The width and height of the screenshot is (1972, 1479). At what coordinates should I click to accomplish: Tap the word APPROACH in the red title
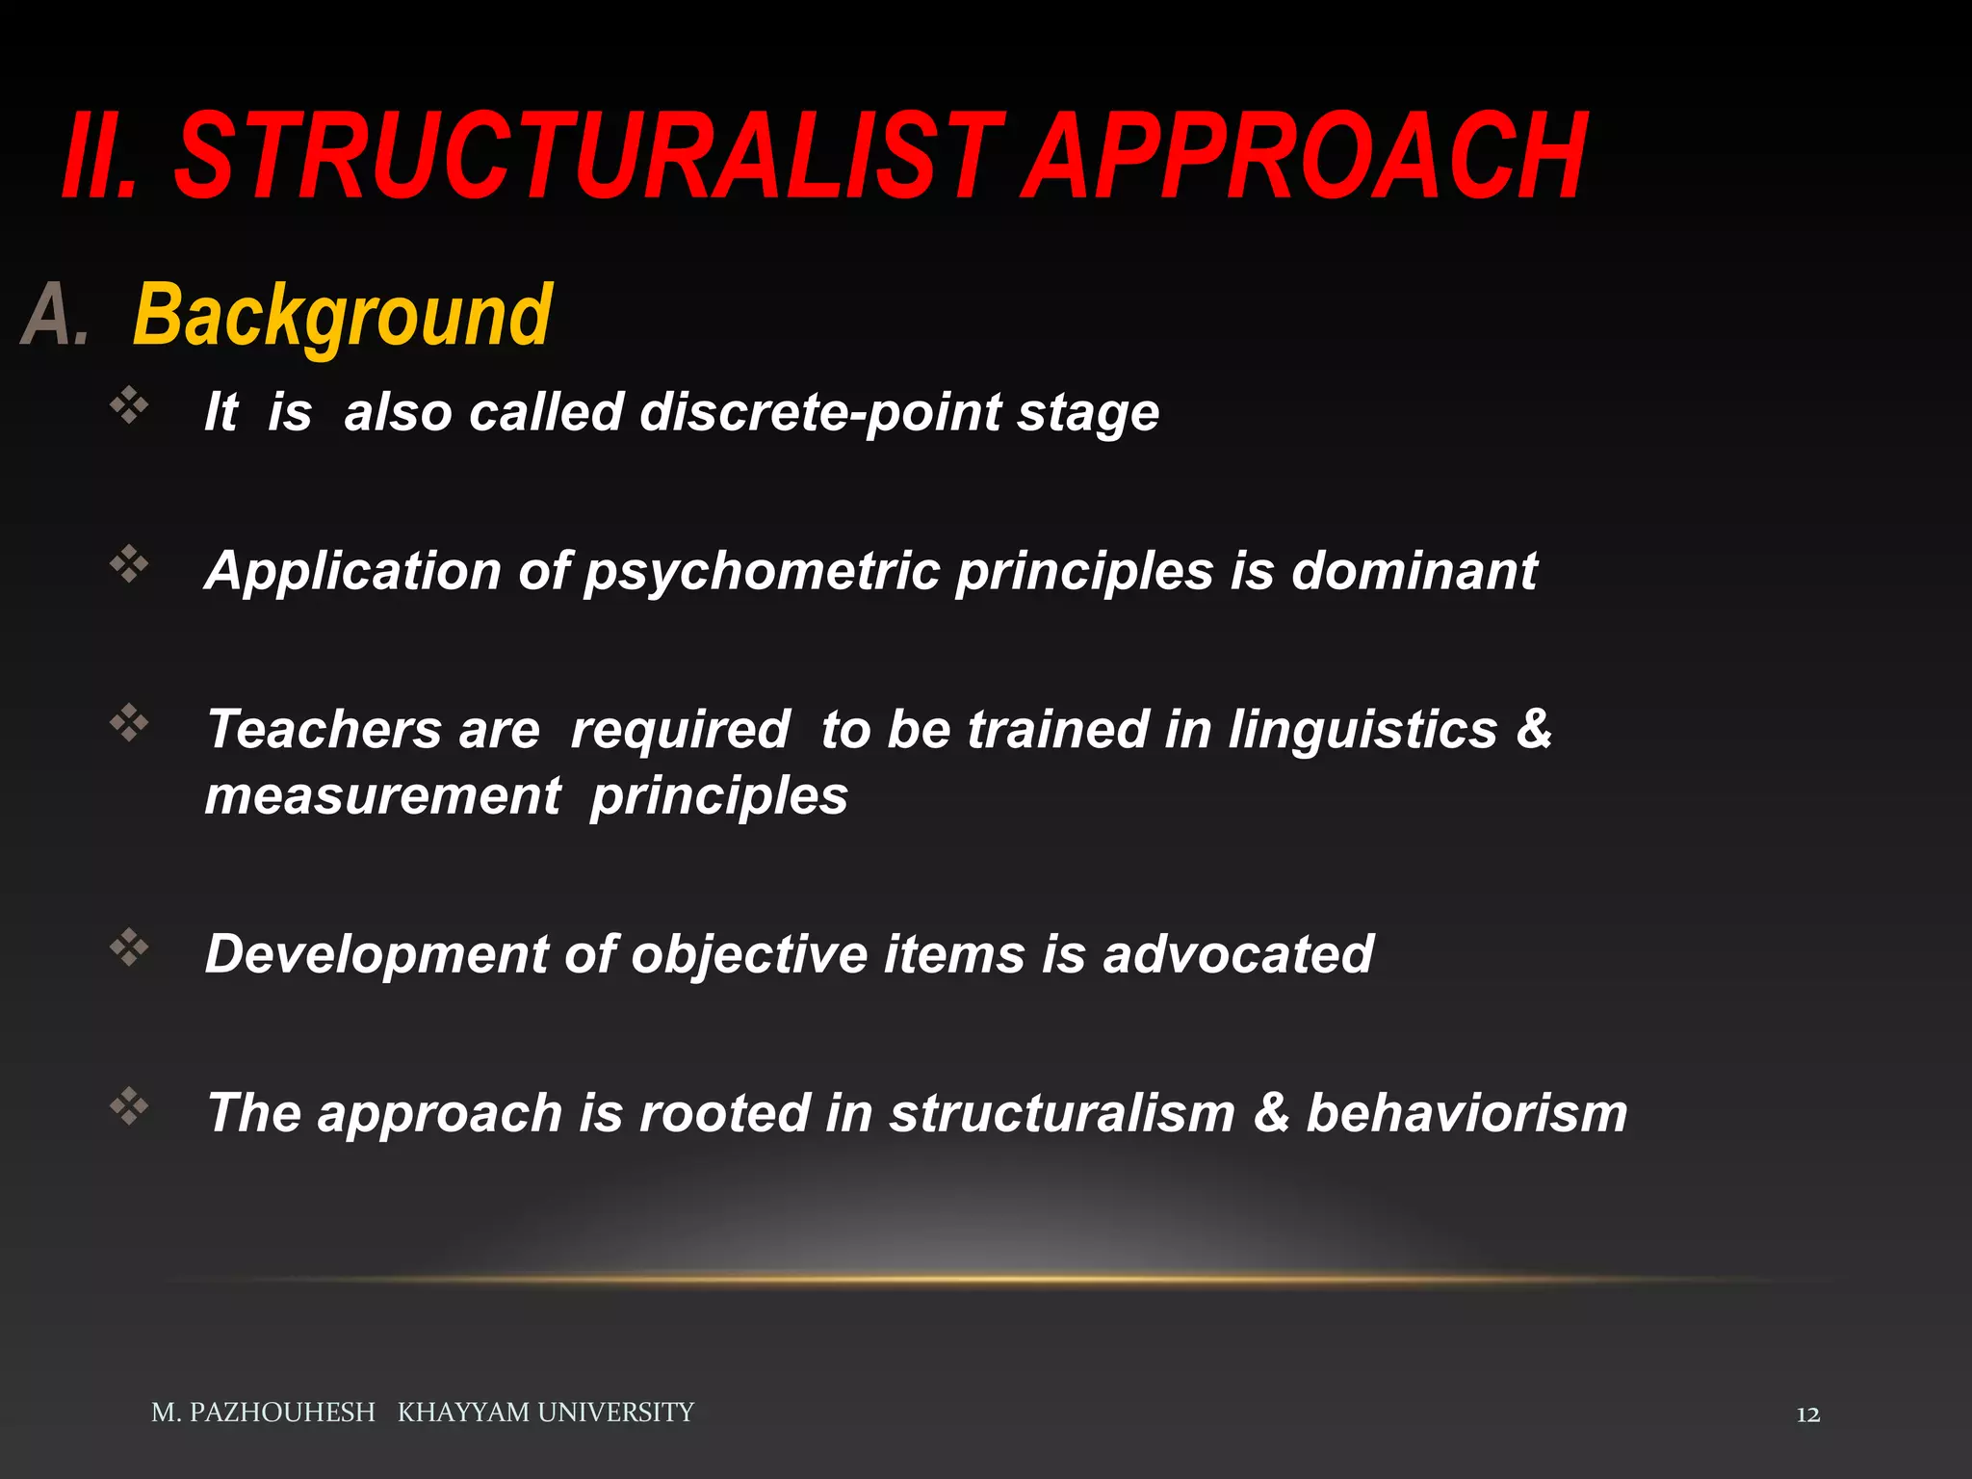tap(1304, 156)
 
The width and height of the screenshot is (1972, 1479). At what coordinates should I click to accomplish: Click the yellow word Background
tap(343, 316)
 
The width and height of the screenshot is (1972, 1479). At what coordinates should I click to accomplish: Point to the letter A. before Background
tap(55, 316)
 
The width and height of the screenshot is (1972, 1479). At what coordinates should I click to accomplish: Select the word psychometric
tap(761, 570)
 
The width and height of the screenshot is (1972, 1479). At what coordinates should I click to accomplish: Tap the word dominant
tap(1414, 570)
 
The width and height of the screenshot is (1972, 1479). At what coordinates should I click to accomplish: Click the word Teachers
tap(324, 729)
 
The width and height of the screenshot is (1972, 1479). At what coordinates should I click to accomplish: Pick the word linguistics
tap(1362, 729)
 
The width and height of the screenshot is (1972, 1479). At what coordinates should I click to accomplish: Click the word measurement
tap(382, 796)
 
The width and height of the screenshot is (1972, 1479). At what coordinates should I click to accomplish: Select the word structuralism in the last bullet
tap(1061, 1113)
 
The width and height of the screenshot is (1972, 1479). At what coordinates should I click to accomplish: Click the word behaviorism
tap(1466, 1113)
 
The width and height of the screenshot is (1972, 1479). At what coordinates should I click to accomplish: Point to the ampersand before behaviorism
tap(1271, 1113)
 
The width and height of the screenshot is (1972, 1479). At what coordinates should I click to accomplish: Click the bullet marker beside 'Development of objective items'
tap(129, 947)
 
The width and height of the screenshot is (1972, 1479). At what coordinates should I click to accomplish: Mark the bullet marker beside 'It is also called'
tap(129, 405)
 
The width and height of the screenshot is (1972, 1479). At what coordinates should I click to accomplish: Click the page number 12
tap(1807, 1414)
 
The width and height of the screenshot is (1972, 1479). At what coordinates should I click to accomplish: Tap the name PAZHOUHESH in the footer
tap(281, 1413)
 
